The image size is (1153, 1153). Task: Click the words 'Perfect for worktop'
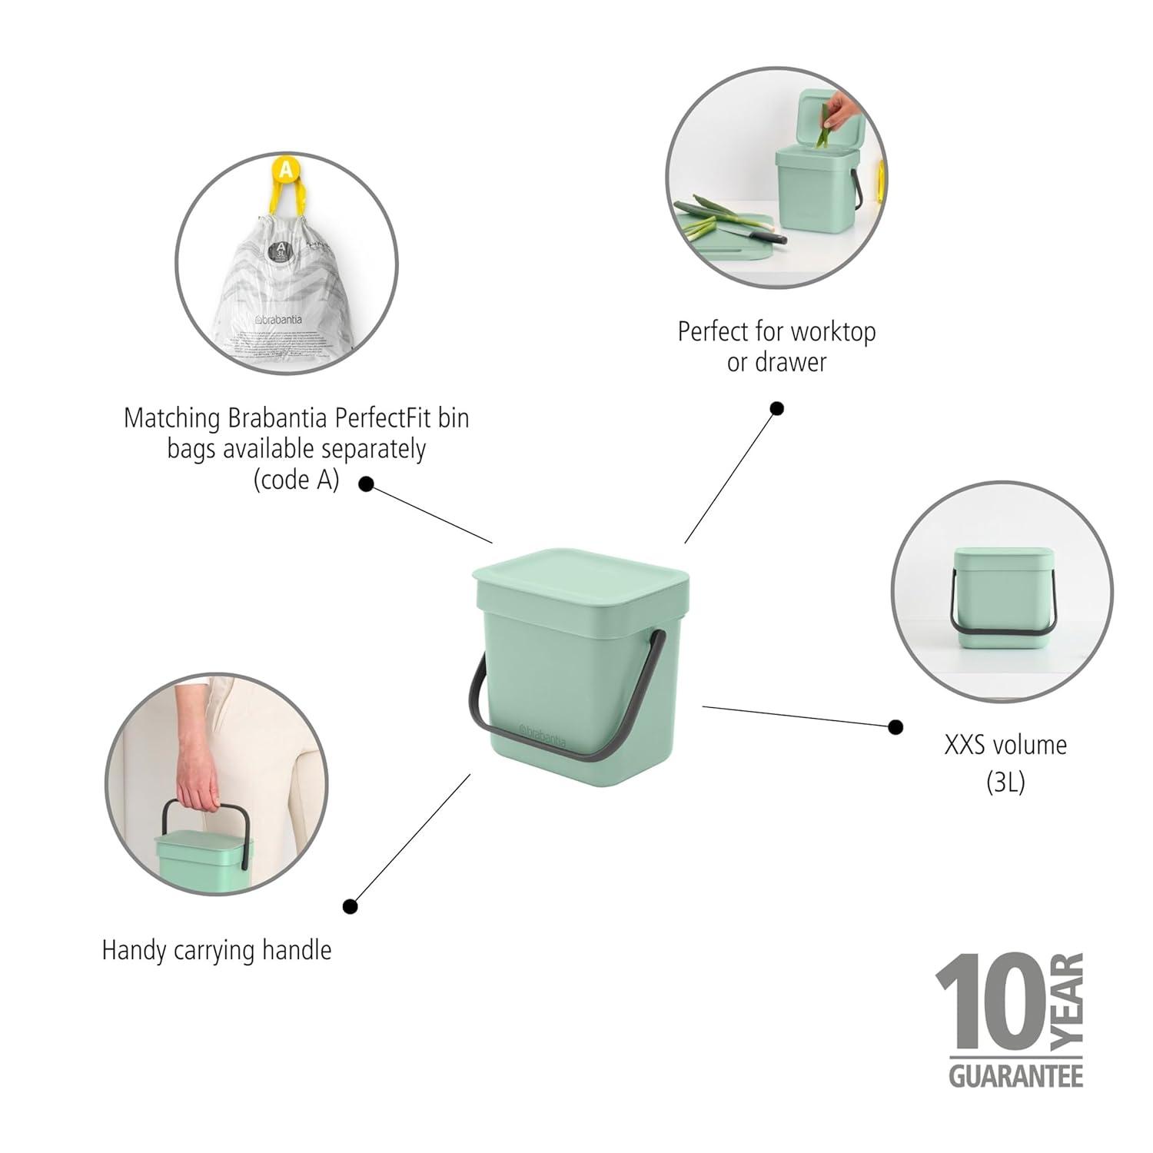click(776, 332)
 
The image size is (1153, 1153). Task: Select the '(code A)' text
click(296, 480)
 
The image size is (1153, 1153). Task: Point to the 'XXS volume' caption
click(1005, 745)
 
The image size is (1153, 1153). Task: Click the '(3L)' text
click(1005, 782)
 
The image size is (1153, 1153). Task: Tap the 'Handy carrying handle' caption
click(217, 950)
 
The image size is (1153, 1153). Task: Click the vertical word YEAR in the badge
click(1068, 999)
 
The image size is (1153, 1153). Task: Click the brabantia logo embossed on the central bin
click(542, 735)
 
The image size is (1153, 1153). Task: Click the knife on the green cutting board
click(753, 231)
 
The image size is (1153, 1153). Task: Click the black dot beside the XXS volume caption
click(895, 726)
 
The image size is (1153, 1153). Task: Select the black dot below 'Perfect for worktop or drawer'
click(777, 408)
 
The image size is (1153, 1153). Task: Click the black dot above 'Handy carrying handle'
click(351, 906)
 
